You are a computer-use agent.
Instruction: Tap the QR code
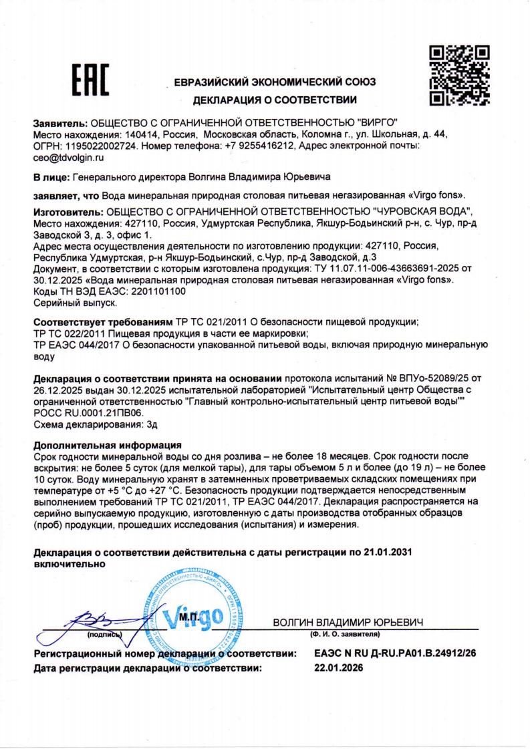458,76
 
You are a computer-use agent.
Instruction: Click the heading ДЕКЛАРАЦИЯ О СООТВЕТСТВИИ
274,100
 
